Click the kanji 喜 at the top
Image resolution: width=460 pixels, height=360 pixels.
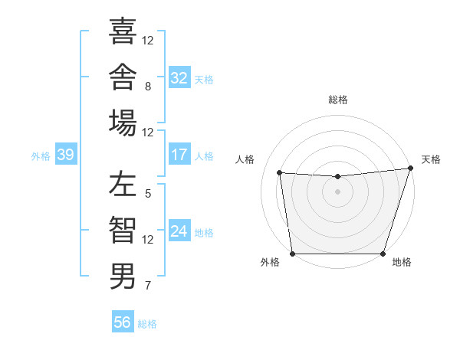(123, 31)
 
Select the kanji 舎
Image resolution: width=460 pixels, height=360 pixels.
(123, 77)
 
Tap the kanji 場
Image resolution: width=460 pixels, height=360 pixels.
(123, 123)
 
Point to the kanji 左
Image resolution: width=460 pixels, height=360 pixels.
(123, 184)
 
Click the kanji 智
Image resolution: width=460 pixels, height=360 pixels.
(123, 230)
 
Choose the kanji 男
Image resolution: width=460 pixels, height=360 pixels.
(123, 276)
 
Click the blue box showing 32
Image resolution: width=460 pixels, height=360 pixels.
(179, 77)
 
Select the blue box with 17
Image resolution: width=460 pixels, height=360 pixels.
(179, 154)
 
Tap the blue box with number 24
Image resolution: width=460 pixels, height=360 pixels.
(179, 230)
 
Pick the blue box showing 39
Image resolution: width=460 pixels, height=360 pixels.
(66, 154)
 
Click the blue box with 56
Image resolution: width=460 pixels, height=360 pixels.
(123, 321)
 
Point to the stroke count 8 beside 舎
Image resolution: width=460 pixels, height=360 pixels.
(148, 87)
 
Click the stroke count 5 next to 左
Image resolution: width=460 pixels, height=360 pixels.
(148, 194)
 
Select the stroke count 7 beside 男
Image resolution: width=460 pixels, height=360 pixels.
(148, 285)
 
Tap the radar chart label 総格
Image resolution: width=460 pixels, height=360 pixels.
(338, 100)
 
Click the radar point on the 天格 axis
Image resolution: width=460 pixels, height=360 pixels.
(411, 168)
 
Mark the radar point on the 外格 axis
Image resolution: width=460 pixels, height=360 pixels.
(293, 254)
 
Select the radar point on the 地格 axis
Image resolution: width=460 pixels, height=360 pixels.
(383, 254)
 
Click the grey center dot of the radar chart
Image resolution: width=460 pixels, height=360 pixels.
(337, 191)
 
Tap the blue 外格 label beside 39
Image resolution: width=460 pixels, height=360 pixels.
(41, 156)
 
